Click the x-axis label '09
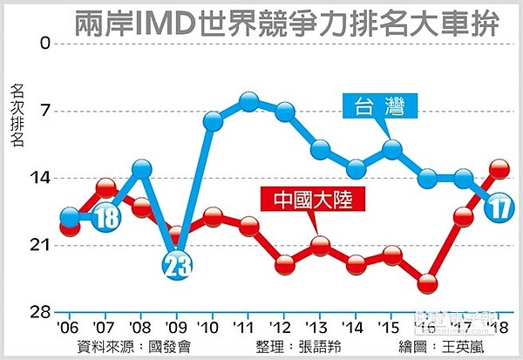click(x=175, y=328)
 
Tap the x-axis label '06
click(x=68, y=328)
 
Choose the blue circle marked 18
click(x=106, y=218)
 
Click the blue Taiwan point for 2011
click(x=248, y=102)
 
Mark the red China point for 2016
click(x=427, y=283)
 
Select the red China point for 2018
click(x=499, y=169)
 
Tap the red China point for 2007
click(x=105, y=187)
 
